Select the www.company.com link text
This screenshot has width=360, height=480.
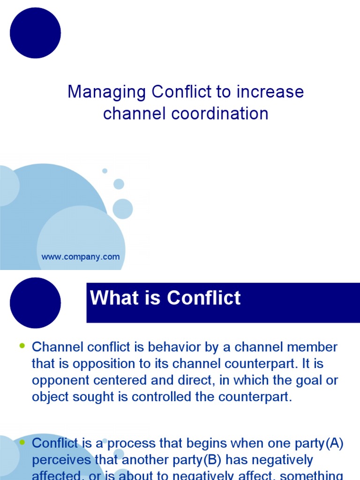point(81,257)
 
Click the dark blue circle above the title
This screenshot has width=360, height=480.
point(35,33)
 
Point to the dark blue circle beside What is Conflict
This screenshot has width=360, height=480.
point(35,303)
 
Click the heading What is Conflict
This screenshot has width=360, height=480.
point(165,298)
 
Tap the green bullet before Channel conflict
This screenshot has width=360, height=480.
point(22,346)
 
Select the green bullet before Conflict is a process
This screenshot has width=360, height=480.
point(22,442)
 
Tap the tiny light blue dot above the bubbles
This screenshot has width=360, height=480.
point(105,171)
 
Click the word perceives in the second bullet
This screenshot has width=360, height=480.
point(63,459)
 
